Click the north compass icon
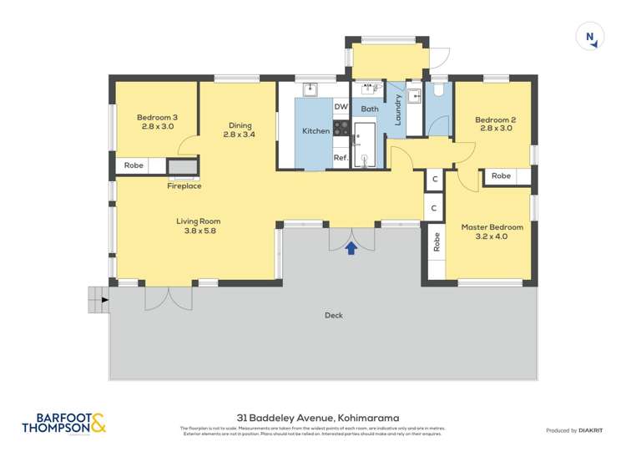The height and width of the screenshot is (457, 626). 591,37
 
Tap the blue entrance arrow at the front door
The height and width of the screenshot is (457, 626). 351,247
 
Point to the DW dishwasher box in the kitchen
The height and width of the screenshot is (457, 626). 341,107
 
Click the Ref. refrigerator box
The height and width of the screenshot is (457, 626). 341,157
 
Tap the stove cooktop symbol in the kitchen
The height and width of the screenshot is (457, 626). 341,128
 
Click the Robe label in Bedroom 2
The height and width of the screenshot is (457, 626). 501,176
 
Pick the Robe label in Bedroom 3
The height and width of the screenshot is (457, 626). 134,165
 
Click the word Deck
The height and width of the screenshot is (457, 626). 334,315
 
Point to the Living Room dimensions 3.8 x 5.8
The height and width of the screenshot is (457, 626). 198,231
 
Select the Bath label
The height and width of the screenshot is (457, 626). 370,109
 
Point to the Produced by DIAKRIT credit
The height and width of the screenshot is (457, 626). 576,429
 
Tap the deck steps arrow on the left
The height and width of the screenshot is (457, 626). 103,298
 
